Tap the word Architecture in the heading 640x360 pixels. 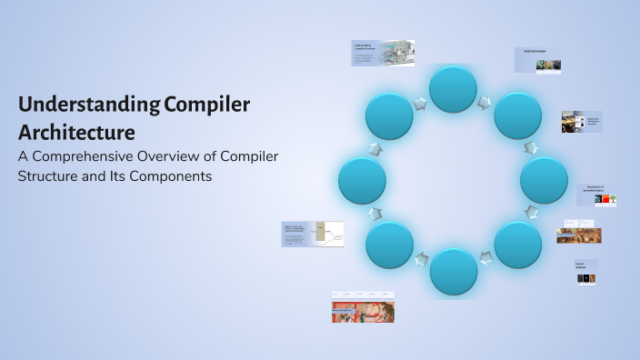(76, 132)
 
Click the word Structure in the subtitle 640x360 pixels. (56, 176)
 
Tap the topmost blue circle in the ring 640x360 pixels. (453, 89)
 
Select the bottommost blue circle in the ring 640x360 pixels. (453, 271)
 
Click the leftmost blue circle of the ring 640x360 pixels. (362, 180)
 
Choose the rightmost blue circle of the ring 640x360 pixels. (544, 180)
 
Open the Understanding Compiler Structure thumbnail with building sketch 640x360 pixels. (383, 53)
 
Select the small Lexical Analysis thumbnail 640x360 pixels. (586, 273)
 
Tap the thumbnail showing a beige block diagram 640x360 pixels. (312, 234)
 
